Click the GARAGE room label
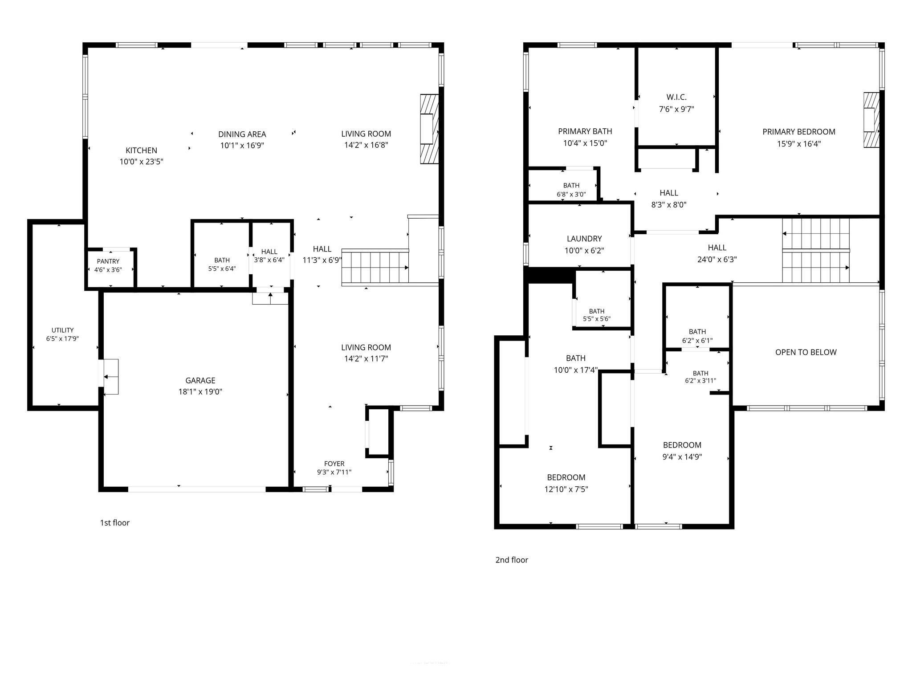pos(200,380)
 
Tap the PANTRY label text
pos(108,261)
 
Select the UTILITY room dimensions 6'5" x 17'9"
pos(62,338)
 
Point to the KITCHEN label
pos(141,151)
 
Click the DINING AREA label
pos(242,134)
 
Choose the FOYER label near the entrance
pos(334,464)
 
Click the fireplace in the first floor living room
pos(429,129)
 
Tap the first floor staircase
pos(375,267)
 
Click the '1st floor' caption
pos(115,523)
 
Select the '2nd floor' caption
pos(512,560)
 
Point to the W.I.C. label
pos(676,97)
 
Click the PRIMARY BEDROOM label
pos(799,132)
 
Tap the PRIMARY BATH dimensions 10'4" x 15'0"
pos(585,143)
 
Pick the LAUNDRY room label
pos(584,239)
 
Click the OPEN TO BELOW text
pos(806,352)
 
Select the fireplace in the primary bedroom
pos(871,120)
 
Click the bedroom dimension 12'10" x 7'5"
pos(566,489)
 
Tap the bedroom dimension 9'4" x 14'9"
pos(682,456)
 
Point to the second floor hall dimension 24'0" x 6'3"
pos(717,259)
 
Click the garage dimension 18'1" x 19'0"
pos(200,392)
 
